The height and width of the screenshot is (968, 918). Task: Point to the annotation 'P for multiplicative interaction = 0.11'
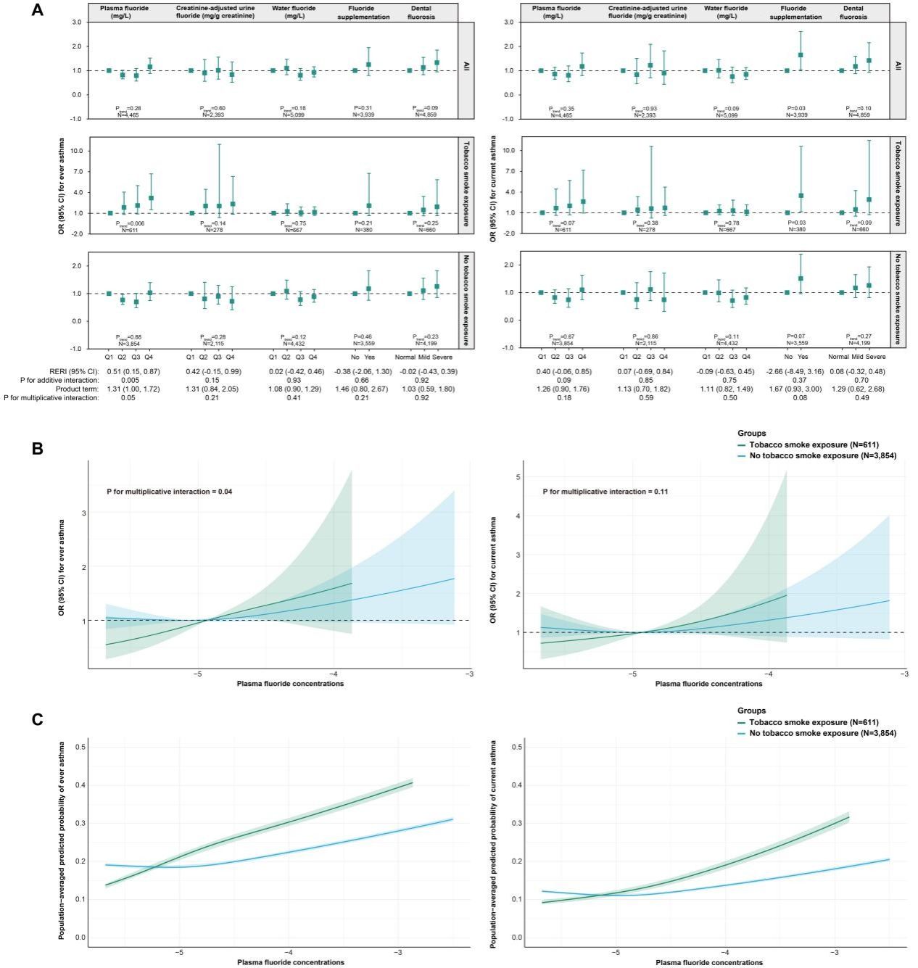coord(604,492)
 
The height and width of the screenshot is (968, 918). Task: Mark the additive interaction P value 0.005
coord(128,380)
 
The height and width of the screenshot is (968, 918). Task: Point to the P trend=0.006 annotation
coord(128,223)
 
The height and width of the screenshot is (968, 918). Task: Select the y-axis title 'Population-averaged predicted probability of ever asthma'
coord(62,840)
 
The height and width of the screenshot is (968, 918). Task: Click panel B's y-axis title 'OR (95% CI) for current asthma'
coord(495,571)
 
